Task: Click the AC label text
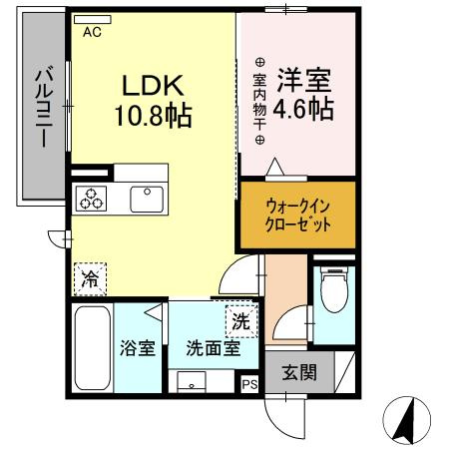click(x=92, y=32)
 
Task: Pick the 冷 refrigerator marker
click(x=90, y=279)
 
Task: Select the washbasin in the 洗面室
click(x=192, y=380)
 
